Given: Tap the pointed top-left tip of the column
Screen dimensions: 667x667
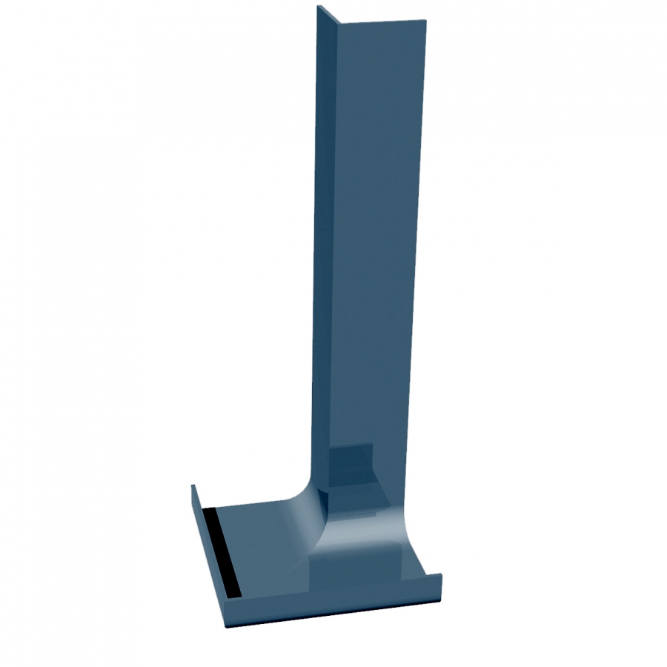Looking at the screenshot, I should [318, 7].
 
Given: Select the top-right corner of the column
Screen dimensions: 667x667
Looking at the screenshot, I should [428, 21].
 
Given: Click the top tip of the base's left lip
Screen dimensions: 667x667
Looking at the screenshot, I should [193, 486].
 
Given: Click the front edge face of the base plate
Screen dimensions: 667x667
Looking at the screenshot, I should [333, 612].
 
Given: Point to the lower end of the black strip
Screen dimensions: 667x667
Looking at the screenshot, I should [233, 595].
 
